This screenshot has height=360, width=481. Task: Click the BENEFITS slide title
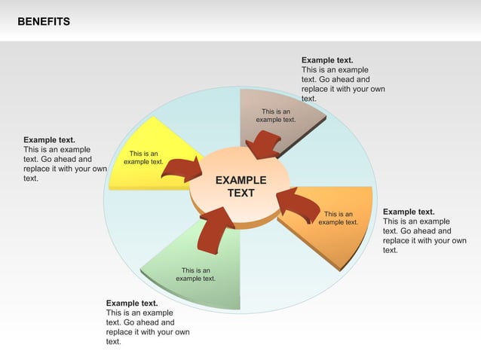44,22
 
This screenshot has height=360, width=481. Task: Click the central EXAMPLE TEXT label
240,187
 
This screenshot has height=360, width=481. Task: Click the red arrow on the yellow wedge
182,170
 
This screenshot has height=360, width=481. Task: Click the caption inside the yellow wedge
143,157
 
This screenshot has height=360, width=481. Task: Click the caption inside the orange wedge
338,218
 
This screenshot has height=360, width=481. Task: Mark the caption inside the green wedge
195,274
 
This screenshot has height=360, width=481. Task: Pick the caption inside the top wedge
275,115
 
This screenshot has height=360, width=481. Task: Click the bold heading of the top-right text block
327,60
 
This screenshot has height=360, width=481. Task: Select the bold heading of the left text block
49,140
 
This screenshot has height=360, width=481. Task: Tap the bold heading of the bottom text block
132,304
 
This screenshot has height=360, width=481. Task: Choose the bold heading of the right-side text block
409,212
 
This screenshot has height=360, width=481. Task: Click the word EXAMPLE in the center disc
240,181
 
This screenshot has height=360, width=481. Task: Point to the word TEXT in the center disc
240,194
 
